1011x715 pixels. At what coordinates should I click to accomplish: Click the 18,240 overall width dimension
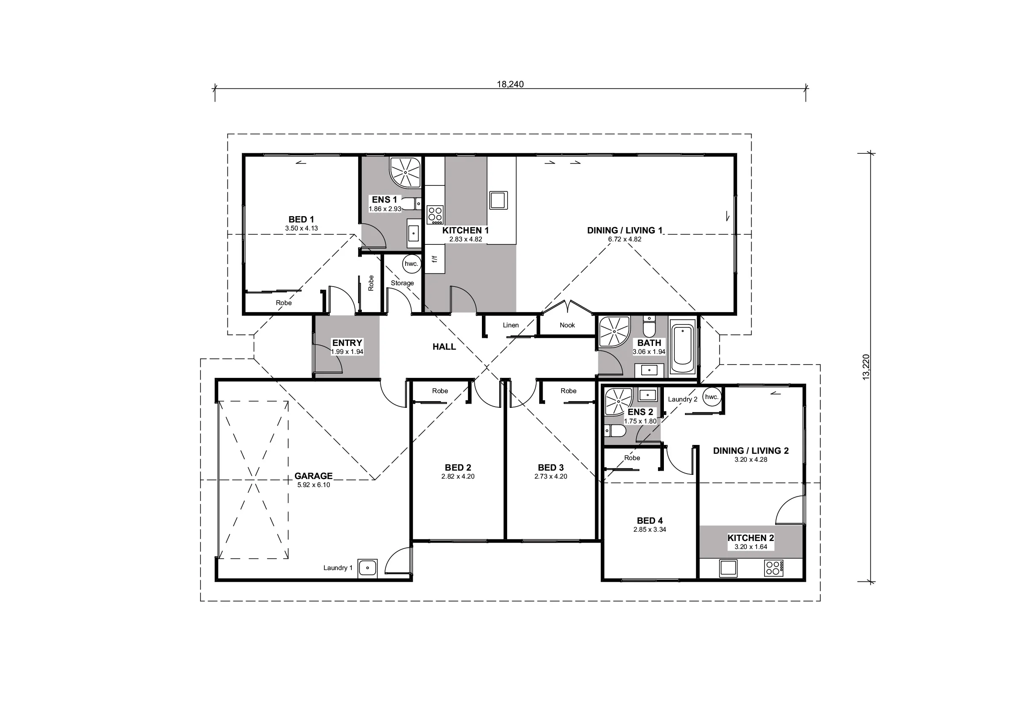[x=510, y=84]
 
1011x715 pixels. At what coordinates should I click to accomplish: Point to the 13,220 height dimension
[x=866, y=367]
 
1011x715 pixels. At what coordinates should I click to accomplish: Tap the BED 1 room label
[x=301, y=220]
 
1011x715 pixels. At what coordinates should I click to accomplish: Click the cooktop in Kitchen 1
[x=435, y=215]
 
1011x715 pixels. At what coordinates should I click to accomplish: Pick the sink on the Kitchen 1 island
[x=498, y=200]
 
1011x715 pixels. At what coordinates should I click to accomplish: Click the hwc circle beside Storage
[x=411, y=264]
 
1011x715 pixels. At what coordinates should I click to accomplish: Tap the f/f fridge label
[x=435, y=259]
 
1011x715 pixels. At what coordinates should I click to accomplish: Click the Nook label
[x=567, y=325]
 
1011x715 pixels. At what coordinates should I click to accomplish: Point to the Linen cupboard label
[x=511, y=325]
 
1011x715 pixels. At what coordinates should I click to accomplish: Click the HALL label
[x=444, y=347]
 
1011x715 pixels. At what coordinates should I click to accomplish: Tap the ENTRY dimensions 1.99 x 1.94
[x=347, y=351]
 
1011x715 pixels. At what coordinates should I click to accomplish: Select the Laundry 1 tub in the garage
[x=367, y=568]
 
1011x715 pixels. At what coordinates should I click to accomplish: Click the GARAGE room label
[x=313, y=476]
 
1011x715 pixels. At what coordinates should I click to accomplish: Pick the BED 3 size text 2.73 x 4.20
[x=551, y=476]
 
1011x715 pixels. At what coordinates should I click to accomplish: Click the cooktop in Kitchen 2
[x=774, y=568]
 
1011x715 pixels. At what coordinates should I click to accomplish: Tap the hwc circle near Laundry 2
[x=711, y=396]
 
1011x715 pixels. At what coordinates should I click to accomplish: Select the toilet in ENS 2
[x=615, y=431]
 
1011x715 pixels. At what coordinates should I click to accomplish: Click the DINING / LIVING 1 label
[x=624, y=230]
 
